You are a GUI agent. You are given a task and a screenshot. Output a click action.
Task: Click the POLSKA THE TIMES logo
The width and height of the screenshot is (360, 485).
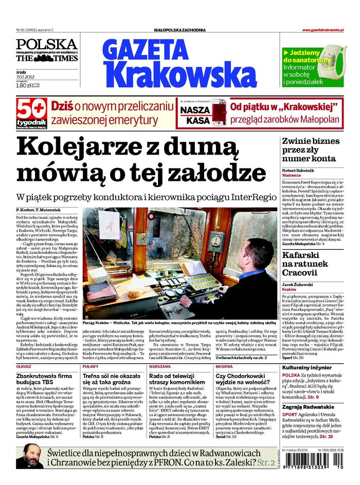coord(46,51)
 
